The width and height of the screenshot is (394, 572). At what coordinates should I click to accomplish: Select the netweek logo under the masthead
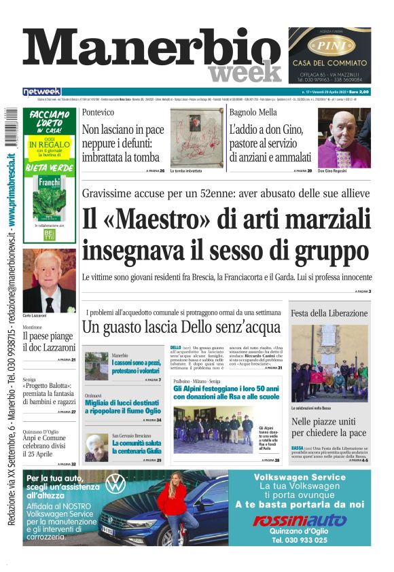[x=41, y=91]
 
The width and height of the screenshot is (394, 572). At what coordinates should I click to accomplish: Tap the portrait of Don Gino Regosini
[x=344, y=137]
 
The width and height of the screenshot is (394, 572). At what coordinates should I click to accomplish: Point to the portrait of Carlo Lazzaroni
[x=49, y=281]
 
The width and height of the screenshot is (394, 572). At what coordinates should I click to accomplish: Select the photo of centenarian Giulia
[x=96, y=447]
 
